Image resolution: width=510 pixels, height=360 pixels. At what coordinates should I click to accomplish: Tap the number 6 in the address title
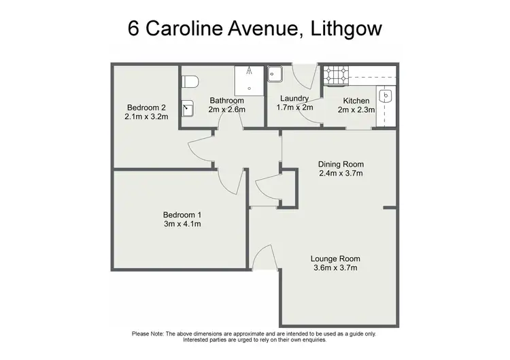pyautogui.click(x=135, y=29)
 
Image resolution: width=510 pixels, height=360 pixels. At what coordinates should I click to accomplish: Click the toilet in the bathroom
pyautogui.click(x=190, y=81)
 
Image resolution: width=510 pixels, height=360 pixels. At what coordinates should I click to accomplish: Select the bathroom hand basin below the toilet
pyautogui.click(x=188, y=108)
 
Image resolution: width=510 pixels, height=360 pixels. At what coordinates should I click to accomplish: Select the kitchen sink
pyautogui.click(x=386, y=99)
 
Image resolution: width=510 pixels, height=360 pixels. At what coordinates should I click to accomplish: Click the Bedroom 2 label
pyautogui.click(x=146, y=108)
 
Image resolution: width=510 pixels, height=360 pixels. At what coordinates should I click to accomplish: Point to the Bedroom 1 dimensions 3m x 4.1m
pyautogui.click(x=181, y=224)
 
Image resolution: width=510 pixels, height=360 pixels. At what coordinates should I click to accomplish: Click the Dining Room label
pyautogui.click(x=341, y=164)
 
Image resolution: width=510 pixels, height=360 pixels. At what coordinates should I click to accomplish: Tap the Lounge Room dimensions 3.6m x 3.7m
pyautogui.click(x=335, y=267)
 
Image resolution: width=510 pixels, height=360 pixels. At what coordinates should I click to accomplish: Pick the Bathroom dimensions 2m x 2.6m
pyautogui.click(x=226, y=110)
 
